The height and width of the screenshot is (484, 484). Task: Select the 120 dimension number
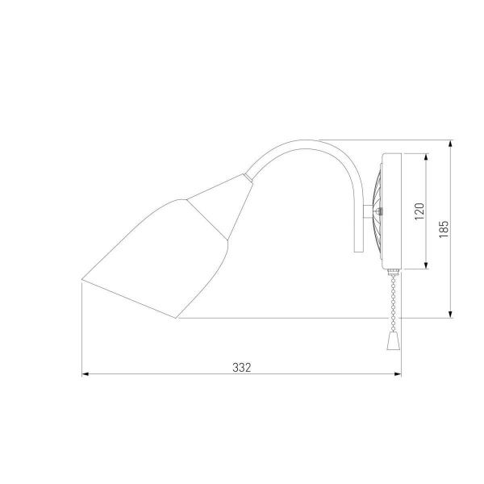click(x=417, y=211)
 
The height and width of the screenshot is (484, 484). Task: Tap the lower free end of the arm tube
click(x=357, y=247)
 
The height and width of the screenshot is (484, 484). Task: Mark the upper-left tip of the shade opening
click(x=84, y=279)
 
